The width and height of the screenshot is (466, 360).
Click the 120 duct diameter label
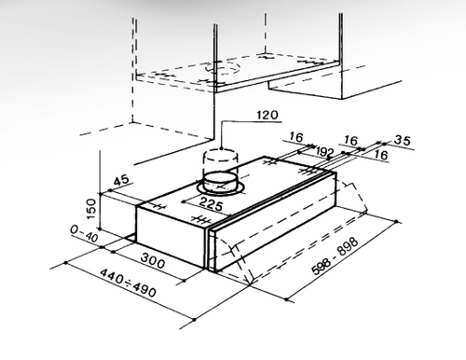(267, 115)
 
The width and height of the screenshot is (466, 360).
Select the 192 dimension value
(324, 152)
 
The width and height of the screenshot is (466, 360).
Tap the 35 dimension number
(403, 140)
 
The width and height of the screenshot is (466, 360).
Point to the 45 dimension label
(121, 181)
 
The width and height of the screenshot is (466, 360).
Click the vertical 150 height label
(91, 209)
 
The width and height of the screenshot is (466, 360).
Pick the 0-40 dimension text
(84, 234)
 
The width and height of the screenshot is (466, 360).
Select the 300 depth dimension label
(153, 261)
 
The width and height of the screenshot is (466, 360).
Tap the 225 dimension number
(211, 204)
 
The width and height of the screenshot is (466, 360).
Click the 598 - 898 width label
(336, 256)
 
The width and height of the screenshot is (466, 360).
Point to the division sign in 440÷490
(128, 283)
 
